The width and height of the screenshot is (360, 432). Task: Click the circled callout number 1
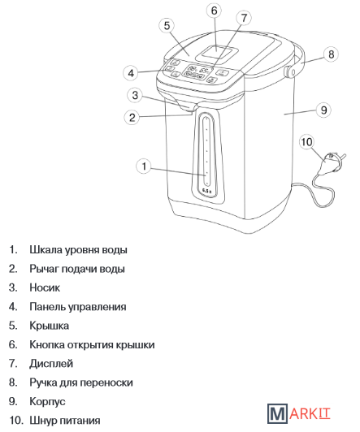(x=144, y=166)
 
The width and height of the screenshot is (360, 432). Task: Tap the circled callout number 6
(x=215, y=11)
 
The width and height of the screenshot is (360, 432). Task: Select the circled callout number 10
(x=307, y=142)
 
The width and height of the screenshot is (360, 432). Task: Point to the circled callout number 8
(x=331, y=54)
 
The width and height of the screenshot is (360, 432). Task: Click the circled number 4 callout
(x=131, y=73)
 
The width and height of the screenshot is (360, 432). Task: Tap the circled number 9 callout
(x=323, y=110)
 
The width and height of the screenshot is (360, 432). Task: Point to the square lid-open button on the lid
(x=217, y=53)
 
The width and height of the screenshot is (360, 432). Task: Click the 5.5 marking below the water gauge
(x=206, y=191)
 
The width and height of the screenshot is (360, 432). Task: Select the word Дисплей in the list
(x=51, y=364)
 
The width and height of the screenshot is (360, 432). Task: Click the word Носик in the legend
(x=45, y=287)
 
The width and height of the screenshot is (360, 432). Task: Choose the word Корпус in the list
(x=47, y=401)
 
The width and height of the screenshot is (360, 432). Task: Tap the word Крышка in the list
(x=49, y=326)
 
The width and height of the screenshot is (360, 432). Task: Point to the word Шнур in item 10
(x=43, y=421)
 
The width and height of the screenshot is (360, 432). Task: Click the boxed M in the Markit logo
(x=277, y=413)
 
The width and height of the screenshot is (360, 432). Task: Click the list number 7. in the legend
(x=13, y=364)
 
